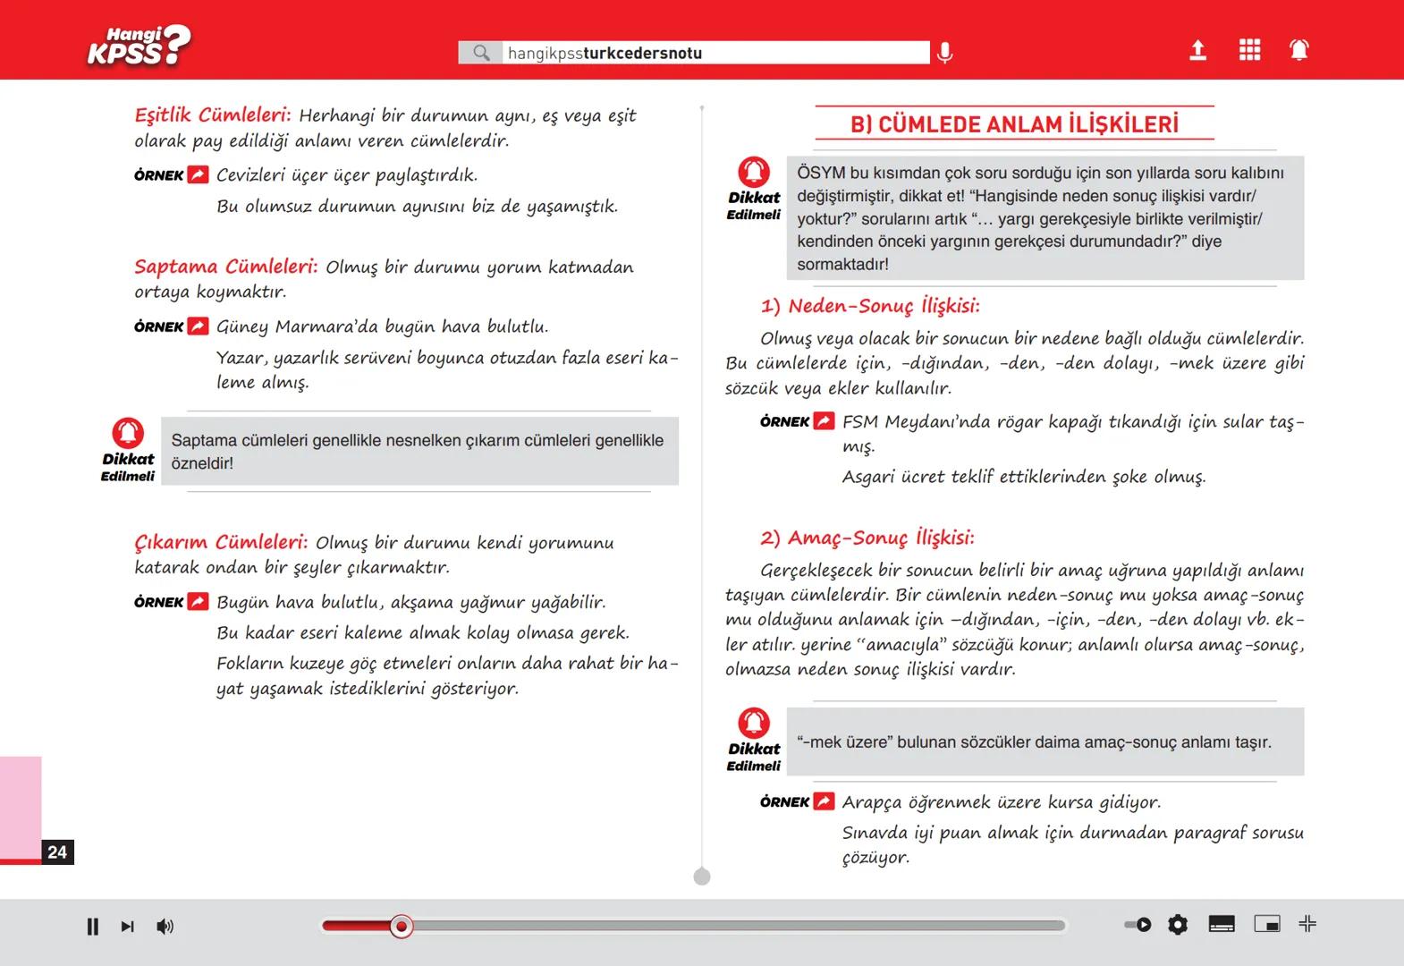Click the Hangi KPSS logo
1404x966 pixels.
tap(138, 47)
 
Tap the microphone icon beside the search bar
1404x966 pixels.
tap(944, 53)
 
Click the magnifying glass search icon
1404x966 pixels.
tap(481, 53)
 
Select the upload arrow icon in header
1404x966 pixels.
tap(1197, 50)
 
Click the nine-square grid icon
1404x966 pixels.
tap(1249, 50)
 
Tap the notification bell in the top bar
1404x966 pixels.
tap(1298, 50)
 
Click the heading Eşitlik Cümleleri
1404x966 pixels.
tap(212, 115)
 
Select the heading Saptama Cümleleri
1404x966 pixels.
tap(225, 267)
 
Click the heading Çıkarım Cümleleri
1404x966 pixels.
tap(221, 542)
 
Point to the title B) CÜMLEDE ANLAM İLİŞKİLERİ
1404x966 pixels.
tap(1014, 124)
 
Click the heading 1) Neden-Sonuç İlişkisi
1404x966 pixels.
tap(869, 306)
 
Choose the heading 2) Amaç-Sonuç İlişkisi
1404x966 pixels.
tap(867, 538)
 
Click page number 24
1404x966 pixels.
tap(57, 852)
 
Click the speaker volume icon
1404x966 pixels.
tap(165, 927)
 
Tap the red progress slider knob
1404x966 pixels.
tap(402, 927)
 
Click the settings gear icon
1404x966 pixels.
tap(1178, 925)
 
